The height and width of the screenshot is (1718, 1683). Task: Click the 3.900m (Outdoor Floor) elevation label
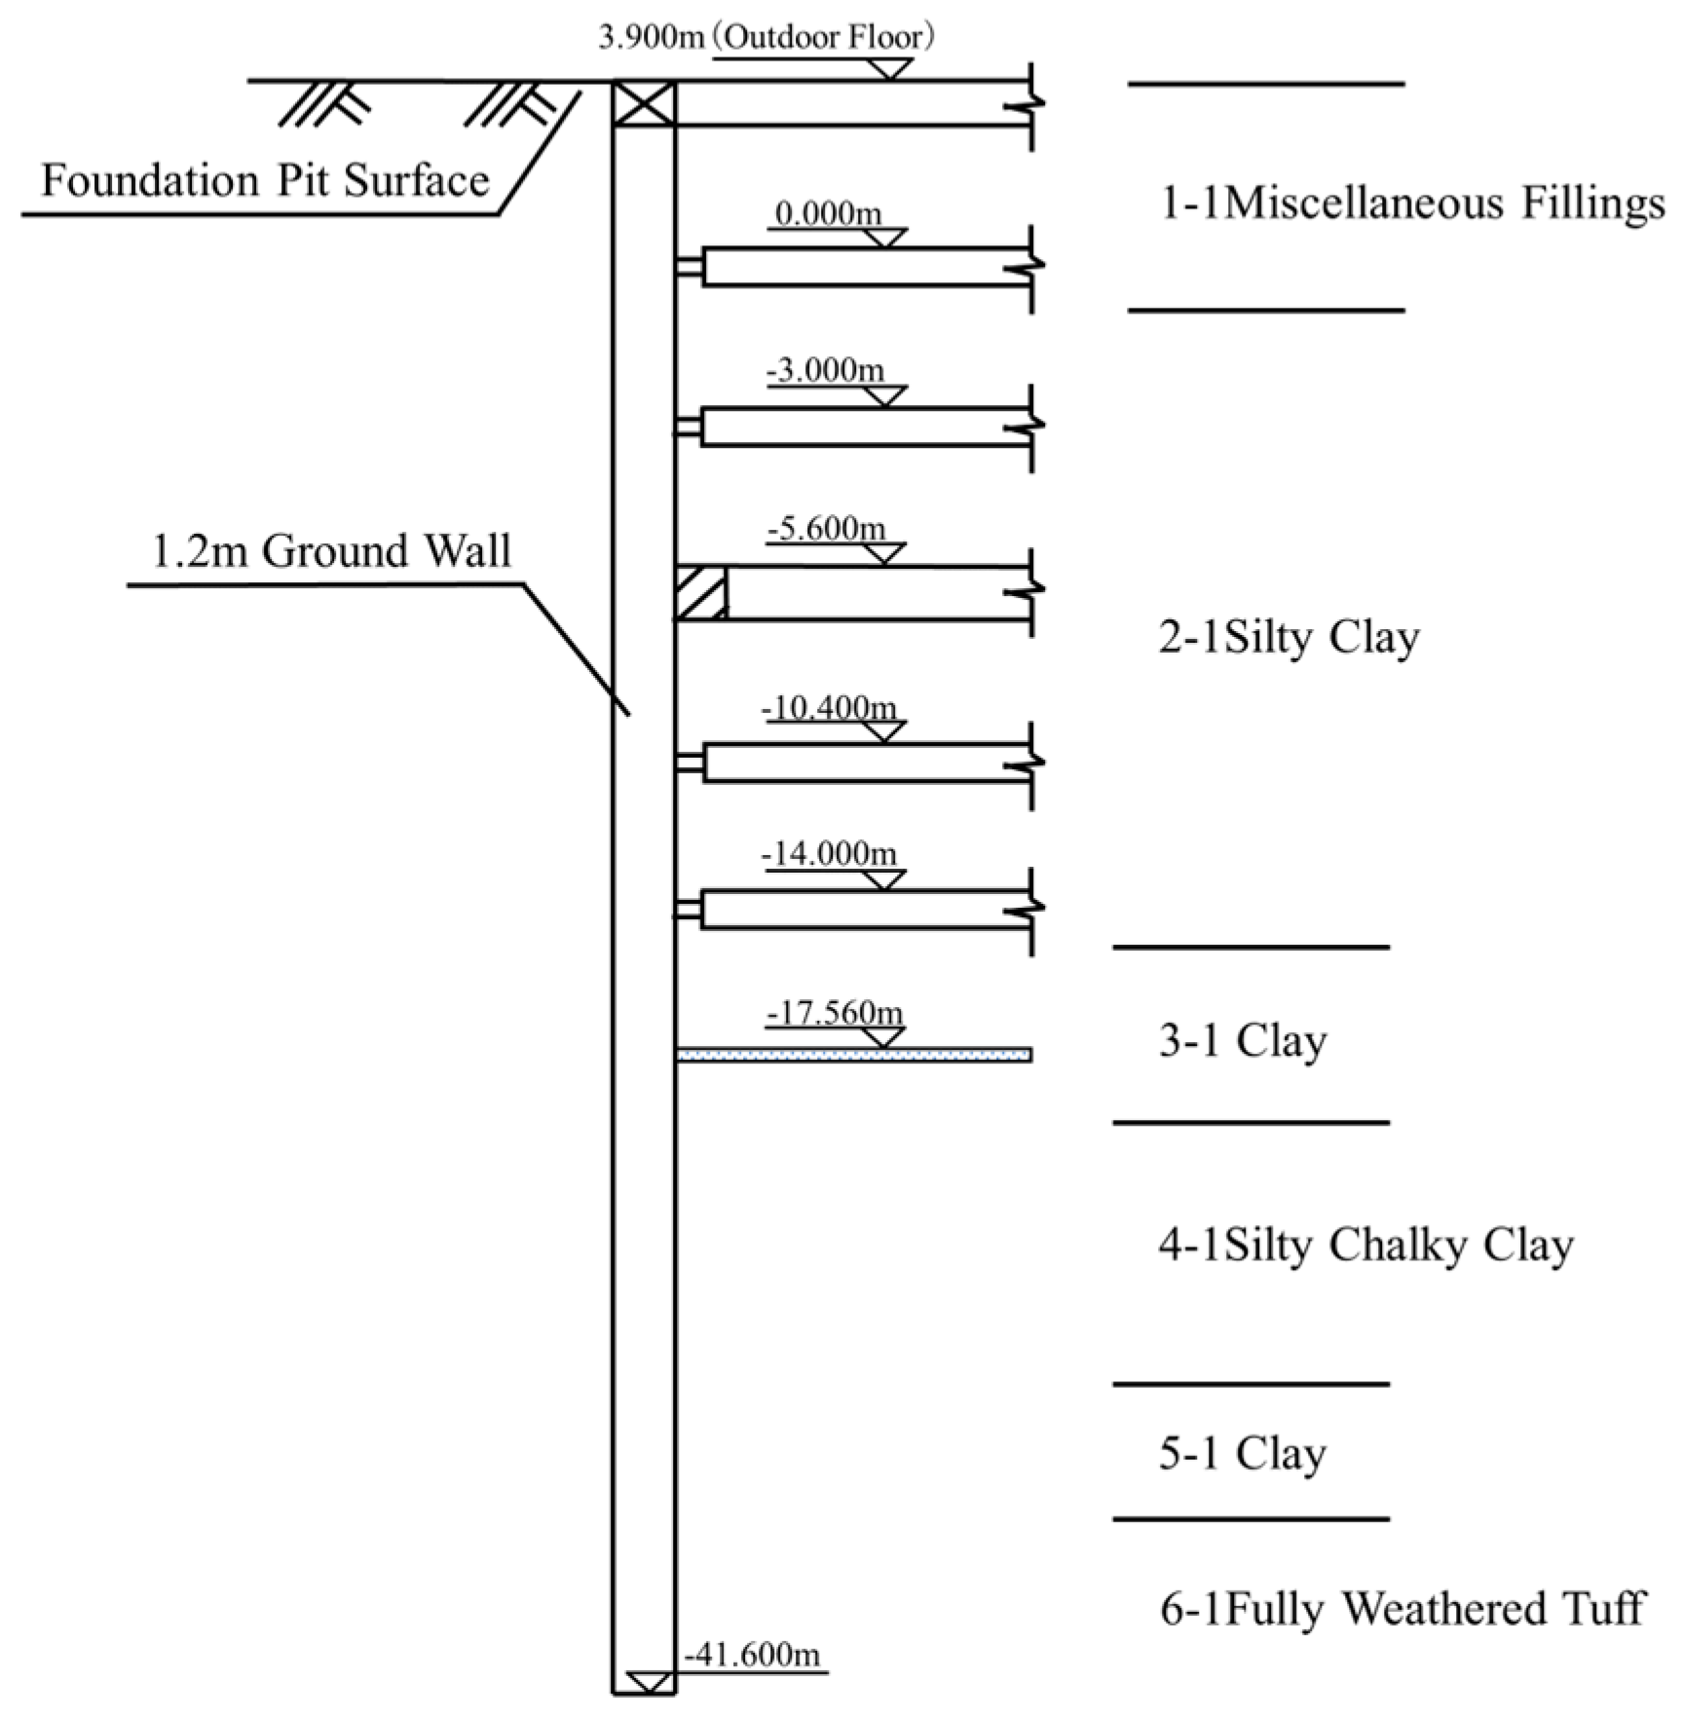coord(767,38)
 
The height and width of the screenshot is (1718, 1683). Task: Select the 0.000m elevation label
coord(828,213)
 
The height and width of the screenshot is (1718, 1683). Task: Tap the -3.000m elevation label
coord(826,370)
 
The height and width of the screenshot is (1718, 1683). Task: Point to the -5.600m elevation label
coord(826,529)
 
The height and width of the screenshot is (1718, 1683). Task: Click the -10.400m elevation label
coord(829,707)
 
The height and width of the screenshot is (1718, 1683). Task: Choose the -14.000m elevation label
coord(829,854)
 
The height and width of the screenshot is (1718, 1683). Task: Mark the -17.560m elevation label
coord(835,1013)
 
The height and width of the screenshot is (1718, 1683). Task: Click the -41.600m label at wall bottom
coord(753,1654)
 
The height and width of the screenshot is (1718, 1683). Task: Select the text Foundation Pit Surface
coord(265,181)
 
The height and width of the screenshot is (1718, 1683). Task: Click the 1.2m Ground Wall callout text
coord(331,551)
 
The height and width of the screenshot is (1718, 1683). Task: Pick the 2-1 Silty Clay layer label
coord(1290,638)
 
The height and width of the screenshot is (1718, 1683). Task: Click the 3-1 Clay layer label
coord(1243,1041)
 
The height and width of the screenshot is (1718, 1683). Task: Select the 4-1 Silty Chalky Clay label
coord(1365,1245)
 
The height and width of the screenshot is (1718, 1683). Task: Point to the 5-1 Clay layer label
coord(1243,1454)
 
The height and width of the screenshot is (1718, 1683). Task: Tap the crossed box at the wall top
coord(644,103)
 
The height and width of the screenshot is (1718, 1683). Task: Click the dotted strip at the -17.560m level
coord(854,1055)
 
